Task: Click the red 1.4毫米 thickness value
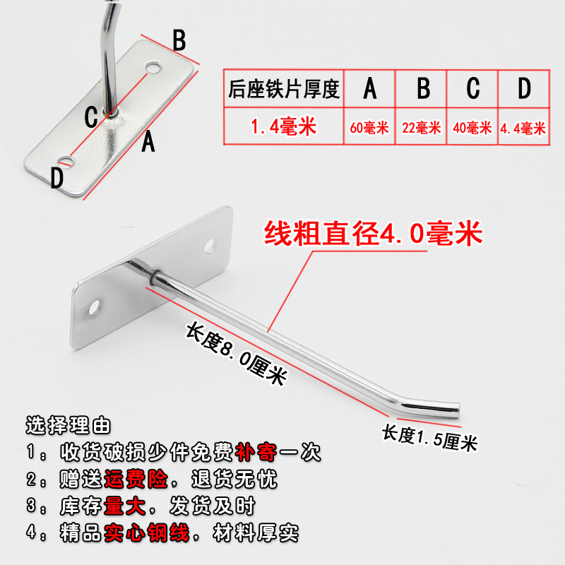click(284, 126)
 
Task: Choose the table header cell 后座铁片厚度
click(284, 89)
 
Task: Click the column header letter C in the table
click(472, 88)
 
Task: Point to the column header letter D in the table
click(524, 88)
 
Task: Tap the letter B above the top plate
click(179, 40)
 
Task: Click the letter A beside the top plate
click(148, 142)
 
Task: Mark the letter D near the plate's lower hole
click(57, 178)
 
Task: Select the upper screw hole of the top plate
click(153, 67)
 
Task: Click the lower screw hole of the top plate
click(66, 161)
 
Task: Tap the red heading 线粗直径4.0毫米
click(373, 234)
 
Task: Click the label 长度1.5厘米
click(429, 438)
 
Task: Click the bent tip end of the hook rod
click(458, 410)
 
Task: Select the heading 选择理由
click(68, 425)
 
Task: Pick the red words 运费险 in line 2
click(136, 480)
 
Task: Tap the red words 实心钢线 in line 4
click(147, 533)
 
